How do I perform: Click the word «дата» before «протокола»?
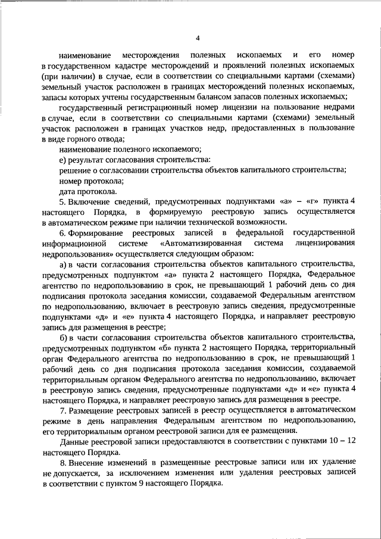coord(68,192)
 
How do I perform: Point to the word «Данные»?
coord(74,441)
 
